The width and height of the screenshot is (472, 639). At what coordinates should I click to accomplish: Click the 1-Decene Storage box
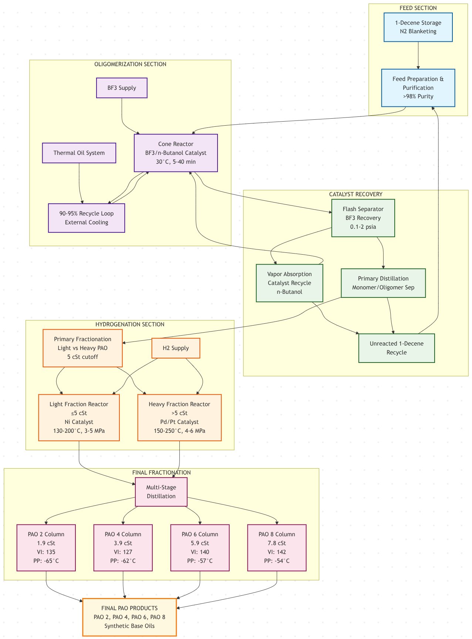click(x=418, y=27)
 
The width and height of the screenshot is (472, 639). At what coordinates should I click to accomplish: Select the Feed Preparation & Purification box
click(x=418, y=88)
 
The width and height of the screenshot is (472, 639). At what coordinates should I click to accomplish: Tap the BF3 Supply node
click(x=122, y=88)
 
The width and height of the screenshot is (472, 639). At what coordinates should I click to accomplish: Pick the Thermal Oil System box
click(x=79, y=153)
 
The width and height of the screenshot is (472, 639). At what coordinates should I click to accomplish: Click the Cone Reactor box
click(x=176, y=153)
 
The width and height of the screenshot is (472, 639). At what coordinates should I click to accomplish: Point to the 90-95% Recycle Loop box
click(x=87, y=218)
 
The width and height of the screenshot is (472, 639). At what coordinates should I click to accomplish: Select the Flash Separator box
click(x=363, y=218)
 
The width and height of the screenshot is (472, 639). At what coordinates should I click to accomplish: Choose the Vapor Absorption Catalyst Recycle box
click(x=289, y=283)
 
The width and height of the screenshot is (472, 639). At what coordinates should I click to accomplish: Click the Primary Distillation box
click(x=383, y=283)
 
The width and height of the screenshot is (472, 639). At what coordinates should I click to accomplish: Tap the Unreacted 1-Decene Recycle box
click(x=397, y=348)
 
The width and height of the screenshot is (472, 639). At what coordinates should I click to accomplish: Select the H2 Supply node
click(x=176, y=348)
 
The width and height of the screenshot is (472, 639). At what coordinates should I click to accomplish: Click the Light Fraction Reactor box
click(x=79, y=418)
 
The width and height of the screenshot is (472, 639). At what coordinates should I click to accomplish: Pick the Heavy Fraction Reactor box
click(x=179, y=418)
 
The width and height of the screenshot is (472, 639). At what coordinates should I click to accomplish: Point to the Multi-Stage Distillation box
click(x=161, y=492)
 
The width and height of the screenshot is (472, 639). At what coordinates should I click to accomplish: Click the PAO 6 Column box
click(x=200, y=548)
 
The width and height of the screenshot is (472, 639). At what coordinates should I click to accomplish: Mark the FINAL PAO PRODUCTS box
click(x=129, y=617)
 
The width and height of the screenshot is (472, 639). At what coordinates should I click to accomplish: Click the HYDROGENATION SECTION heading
click(x=130, y=324)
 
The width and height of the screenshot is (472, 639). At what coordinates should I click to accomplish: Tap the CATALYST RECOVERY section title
click(x=355, y=194)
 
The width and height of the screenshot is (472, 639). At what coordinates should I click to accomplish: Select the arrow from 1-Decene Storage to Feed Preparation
click(x=418, y=55)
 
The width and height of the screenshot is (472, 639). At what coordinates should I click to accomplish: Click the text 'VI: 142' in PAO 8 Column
click(x=277, y=552)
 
